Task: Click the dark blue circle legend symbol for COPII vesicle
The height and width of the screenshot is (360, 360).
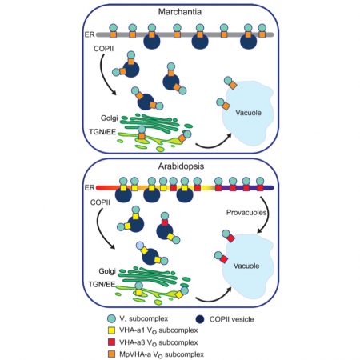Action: tap(218, 318)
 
